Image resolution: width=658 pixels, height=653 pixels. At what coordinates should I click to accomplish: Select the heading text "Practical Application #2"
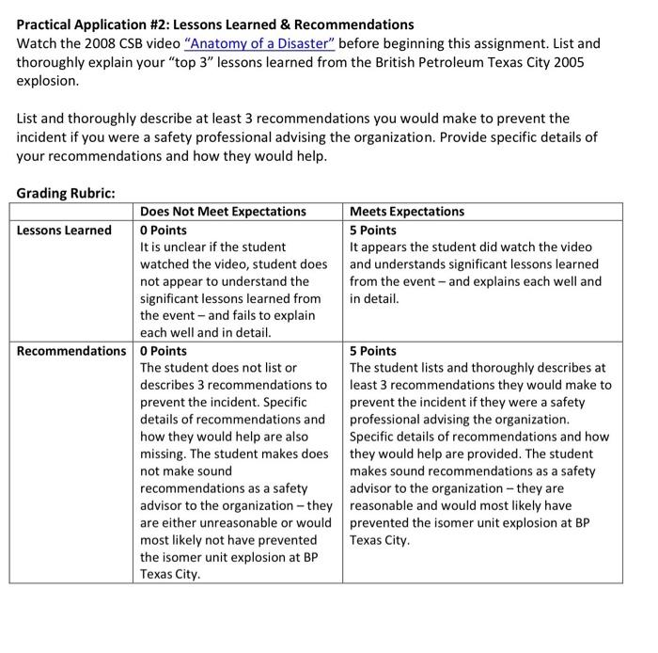[x=95, y=24]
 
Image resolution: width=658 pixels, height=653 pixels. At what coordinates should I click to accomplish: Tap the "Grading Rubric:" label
[x=66, y=193]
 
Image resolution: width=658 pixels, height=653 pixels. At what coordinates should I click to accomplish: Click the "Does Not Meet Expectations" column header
[x=223, y=212]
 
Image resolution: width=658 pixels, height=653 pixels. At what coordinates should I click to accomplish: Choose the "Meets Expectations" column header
[x=407, y=212]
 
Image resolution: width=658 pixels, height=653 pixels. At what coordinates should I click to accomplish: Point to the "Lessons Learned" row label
[x=64, y=231]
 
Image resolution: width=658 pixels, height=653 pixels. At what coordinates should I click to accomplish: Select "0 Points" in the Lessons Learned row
[x=164, y=231]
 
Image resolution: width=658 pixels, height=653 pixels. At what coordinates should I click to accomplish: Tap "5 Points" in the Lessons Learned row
[x=373, y=231]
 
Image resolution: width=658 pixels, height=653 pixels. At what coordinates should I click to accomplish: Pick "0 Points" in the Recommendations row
[x=164, y=351]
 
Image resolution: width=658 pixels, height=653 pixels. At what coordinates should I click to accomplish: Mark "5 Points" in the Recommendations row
[x=373, y=351]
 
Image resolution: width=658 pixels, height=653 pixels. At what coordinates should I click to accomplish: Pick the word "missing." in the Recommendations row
[x=165, y=454]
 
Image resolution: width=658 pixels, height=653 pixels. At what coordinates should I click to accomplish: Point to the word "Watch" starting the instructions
[x=37, y=44]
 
